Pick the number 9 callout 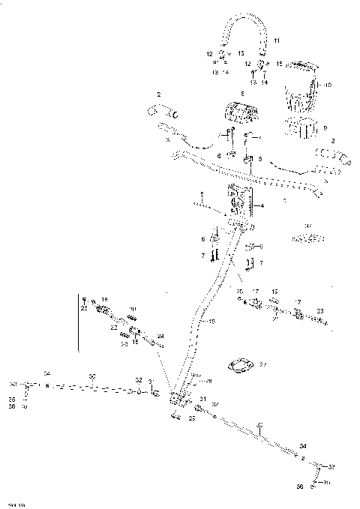click(324, 127)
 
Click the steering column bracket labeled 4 click(241, 203)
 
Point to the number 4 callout click(262, 205)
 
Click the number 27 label click(262, 365)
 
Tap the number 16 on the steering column click(212, 321)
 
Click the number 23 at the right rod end click(320, 310)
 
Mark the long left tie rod click(90, 388)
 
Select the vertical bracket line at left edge click(79, 322)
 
